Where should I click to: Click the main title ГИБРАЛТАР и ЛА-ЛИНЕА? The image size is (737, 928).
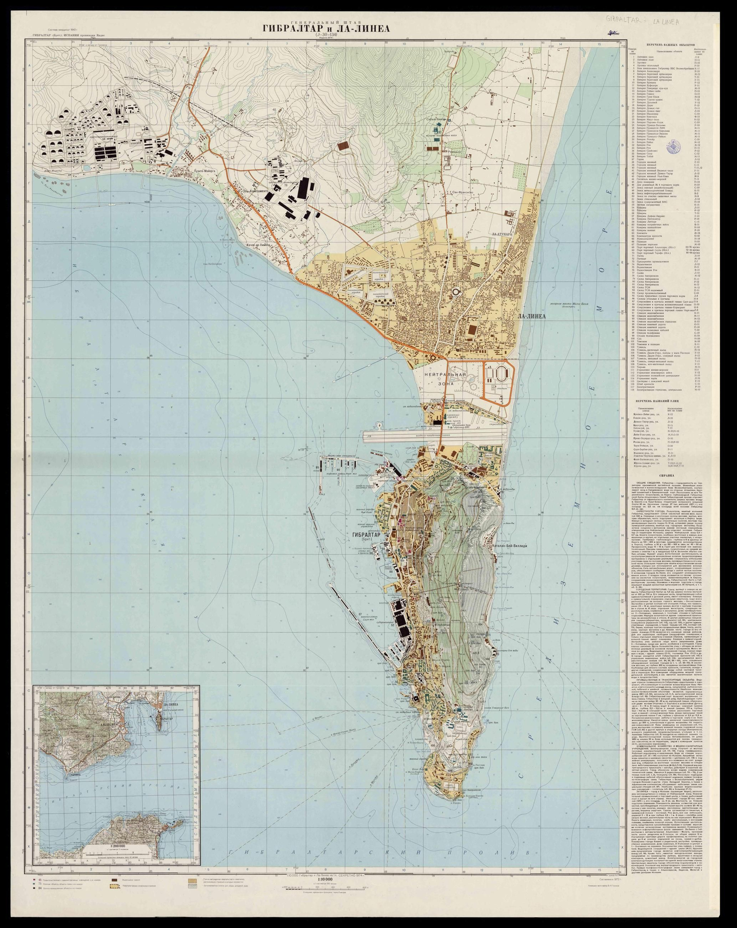(326, 29)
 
